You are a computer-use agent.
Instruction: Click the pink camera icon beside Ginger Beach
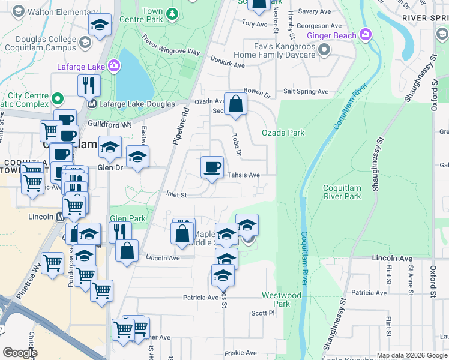pos(365,35)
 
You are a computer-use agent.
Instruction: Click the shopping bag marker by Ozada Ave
pos(236,103)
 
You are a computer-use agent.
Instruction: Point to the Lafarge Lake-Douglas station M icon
pos(92,104)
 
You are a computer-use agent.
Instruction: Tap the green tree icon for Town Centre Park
pos(172,13)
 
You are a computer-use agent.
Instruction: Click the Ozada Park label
pos(283,133)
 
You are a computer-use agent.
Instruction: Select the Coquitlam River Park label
pos(342,191)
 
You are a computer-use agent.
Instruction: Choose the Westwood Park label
pos(281,299)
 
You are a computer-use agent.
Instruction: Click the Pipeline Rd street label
pos(181,126)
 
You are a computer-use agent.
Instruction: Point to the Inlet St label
pos(176,194)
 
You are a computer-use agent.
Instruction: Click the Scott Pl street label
pos(262,313)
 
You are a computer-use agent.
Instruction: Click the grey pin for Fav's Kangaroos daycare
pos(325,51)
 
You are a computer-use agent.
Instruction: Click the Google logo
pos(20,353)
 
